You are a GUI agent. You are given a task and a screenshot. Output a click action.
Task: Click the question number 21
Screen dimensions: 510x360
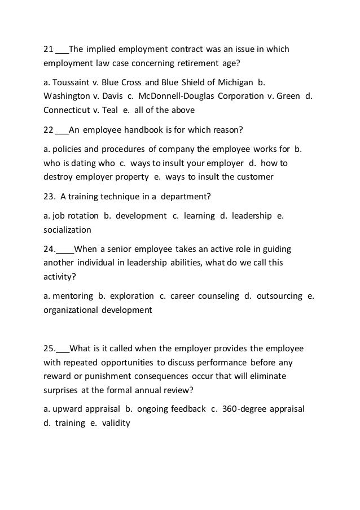pos(48,50)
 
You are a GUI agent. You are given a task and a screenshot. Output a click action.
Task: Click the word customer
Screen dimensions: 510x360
pos(255,177)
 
